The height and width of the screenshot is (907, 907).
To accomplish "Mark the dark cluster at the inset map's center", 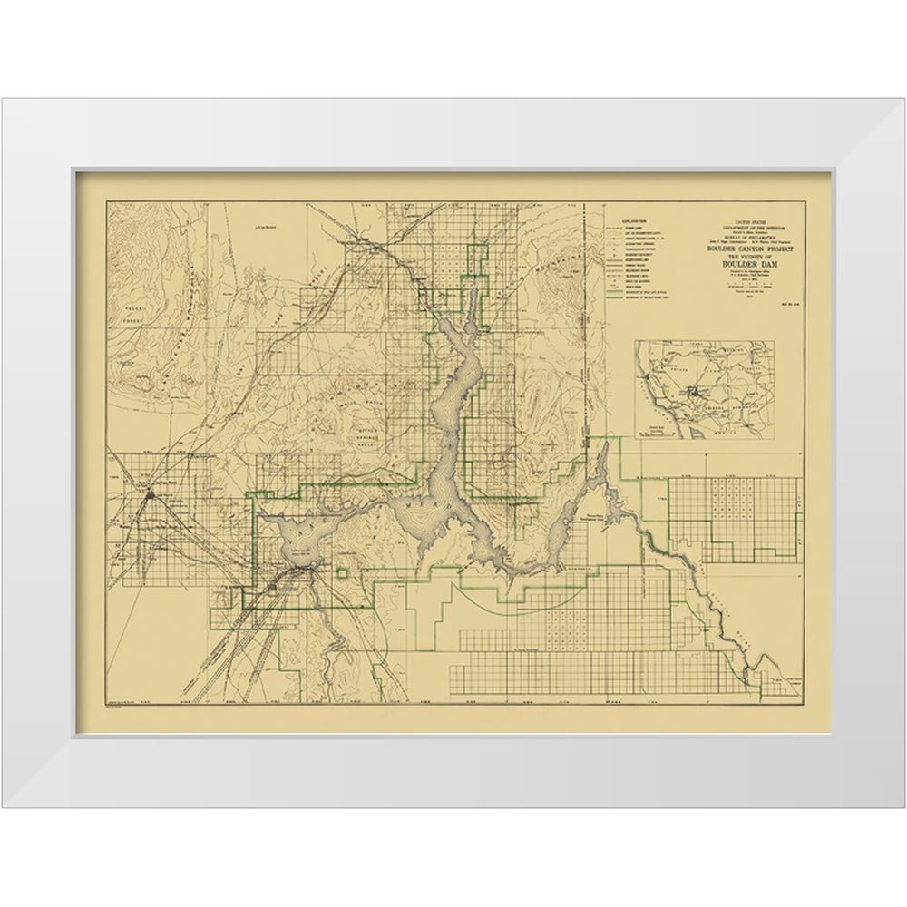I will pyautogui.click(x=694, y=392).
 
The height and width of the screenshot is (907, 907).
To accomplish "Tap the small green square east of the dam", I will pyautogui.click(x=343, y=573).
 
